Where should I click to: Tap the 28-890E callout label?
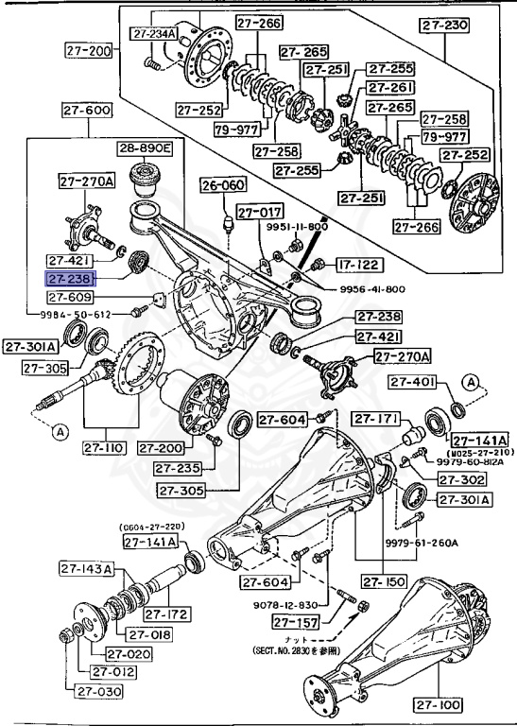pyautogui.click(x=146, y=149)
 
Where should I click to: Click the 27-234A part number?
pyautogui.click(x=152, y=35)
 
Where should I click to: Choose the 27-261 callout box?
pyautogui.click(x=390, y=88)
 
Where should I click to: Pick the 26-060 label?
pyautogui.click(x=222, y=185)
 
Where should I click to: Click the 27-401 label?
pyautogui.click(x=414, y=382)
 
